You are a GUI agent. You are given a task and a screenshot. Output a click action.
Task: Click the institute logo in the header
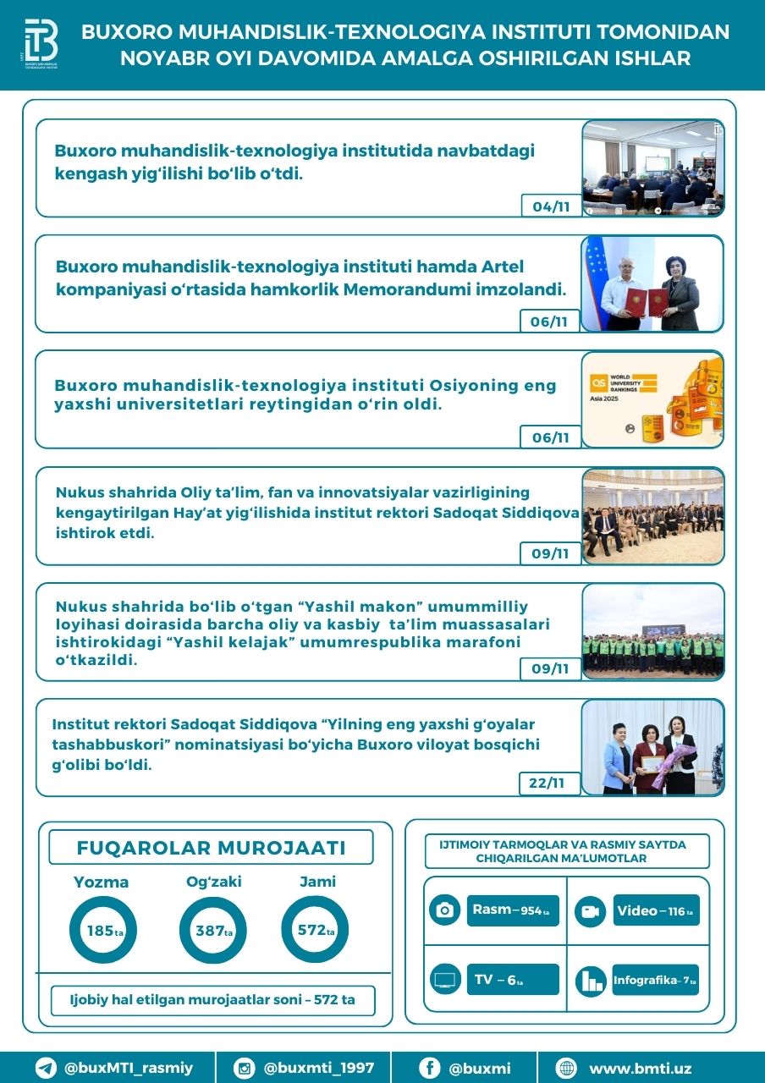pos(41,45)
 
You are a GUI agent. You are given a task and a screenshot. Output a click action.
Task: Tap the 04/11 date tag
pos(550,206)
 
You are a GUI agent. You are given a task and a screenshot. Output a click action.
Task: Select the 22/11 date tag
pos(549,783)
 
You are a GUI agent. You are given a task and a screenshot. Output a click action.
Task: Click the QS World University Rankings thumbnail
pos(652,399)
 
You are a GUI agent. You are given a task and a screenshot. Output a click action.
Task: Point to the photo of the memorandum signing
pos(652,283)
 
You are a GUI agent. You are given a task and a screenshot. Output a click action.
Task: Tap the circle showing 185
pos(102,931)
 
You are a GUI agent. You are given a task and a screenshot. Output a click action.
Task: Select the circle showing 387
pos(212,931)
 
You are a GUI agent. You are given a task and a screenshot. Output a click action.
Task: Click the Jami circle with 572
pos(314,931)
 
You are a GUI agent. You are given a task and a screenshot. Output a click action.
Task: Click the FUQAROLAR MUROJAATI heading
pos(211,848)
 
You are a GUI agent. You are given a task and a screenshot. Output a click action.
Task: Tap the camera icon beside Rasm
pos(444,910)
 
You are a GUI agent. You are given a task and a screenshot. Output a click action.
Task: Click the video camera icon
pos(590,911)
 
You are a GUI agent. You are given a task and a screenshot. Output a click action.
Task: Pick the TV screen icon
pos(444,981)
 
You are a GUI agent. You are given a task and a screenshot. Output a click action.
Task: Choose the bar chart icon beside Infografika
pos(590,981)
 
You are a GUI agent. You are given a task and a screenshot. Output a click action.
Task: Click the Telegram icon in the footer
pos(46,1068)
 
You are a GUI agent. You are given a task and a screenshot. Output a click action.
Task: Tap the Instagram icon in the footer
pos(245,1068)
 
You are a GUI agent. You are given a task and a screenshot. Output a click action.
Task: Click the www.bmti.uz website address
pos(640,1069)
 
